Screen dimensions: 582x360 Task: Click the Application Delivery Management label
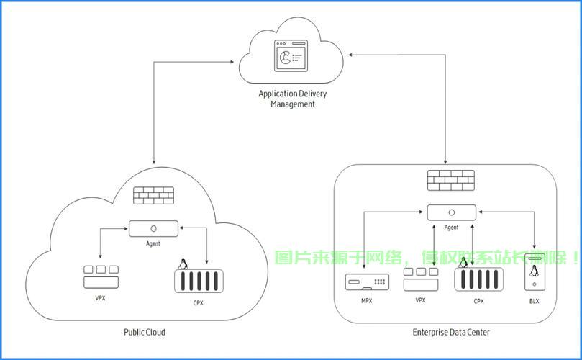[293, 99]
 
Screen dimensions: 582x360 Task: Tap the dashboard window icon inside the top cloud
[291, 55]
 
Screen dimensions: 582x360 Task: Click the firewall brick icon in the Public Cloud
[154, 195]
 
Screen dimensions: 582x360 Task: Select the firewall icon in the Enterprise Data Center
[451, 181]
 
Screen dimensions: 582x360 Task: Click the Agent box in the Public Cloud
[153, 228]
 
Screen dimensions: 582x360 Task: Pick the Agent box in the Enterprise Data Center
[451, 212]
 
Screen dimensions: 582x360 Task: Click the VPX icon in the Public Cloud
[101, 277]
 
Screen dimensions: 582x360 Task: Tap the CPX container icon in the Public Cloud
[199, 282]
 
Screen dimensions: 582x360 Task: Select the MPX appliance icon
[367, 282]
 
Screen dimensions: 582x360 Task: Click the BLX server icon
[535, 272]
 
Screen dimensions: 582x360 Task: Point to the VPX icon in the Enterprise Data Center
[421, 279]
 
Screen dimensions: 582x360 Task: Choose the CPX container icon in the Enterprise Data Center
[479, 280]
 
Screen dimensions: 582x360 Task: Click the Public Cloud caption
[145, 332]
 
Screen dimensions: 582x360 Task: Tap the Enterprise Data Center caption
[451, 332]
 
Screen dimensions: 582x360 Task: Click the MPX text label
[367, 301]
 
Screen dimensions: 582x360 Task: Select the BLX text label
[534, 301]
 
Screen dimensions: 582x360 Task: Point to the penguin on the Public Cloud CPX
[183, 264]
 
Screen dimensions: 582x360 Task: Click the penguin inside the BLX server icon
[534, 271]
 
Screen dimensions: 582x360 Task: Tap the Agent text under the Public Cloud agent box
[153, 243]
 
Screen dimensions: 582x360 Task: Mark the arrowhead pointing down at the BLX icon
[535, 247]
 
